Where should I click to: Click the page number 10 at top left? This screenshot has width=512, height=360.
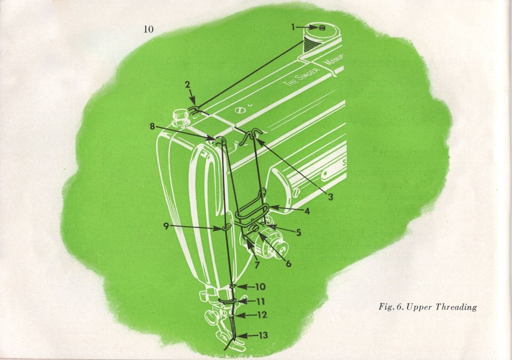(148, 29)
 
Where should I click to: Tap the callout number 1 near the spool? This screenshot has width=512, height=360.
(293, 28)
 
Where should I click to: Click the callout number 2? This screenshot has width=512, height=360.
(188, 85)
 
